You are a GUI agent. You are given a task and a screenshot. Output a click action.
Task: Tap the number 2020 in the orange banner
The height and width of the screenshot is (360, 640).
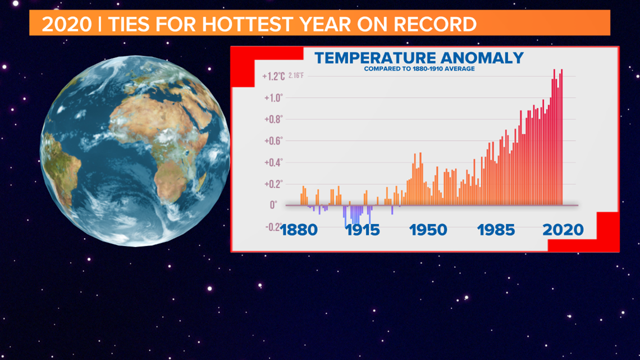[67, 24]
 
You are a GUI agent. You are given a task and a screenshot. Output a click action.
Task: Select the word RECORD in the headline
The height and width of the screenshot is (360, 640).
[435, 24]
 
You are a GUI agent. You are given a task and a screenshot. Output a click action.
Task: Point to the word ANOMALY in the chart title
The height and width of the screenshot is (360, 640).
[480, 58]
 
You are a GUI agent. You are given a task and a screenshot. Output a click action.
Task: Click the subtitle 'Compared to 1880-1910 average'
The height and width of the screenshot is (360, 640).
[419, 69]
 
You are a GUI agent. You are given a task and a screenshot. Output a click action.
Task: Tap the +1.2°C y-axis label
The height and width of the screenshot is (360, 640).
[273, 76]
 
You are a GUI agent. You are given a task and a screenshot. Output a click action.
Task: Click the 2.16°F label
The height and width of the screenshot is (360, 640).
[296, 75]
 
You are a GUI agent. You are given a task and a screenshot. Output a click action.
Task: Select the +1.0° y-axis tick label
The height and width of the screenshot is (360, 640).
[273, 98]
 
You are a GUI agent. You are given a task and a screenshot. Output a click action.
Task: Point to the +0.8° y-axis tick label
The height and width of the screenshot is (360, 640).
[273, 119]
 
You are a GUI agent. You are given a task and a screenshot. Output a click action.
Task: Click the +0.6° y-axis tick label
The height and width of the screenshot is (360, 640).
[273, 141]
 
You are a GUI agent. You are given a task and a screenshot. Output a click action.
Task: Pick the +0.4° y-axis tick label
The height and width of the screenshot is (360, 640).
[273, 162]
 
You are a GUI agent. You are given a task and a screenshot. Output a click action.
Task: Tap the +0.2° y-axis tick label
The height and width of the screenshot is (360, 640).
[273, 184]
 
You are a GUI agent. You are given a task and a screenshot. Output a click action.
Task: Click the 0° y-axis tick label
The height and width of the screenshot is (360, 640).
[273, 205]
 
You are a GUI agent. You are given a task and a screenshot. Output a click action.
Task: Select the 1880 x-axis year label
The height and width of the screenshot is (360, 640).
[299, 230]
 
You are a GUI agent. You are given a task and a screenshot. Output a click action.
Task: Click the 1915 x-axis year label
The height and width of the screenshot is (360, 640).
[363, 230]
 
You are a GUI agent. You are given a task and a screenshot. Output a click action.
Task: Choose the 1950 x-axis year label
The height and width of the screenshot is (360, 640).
[428, 230]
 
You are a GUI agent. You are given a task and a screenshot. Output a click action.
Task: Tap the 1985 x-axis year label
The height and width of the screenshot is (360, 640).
[496, 230]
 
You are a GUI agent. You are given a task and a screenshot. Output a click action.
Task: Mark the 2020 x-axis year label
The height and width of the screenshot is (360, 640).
[563, 230]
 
